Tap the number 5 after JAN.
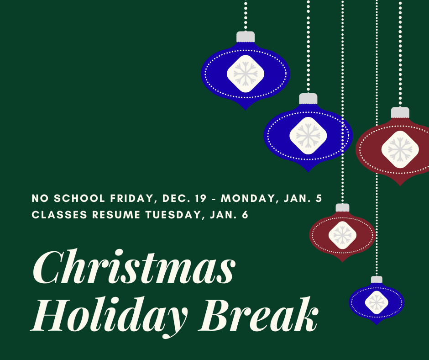[x=319, y=199]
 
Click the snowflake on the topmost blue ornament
[x=246, y=74]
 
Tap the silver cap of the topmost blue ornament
[x=246, y=37]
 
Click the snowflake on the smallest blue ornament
[x=377, y=302]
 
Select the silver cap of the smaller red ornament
[x=342, y=208]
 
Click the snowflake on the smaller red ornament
[x=342, y=235]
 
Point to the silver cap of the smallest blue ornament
[x=377, y=280]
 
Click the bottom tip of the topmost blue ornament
[x=246, y=108]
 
